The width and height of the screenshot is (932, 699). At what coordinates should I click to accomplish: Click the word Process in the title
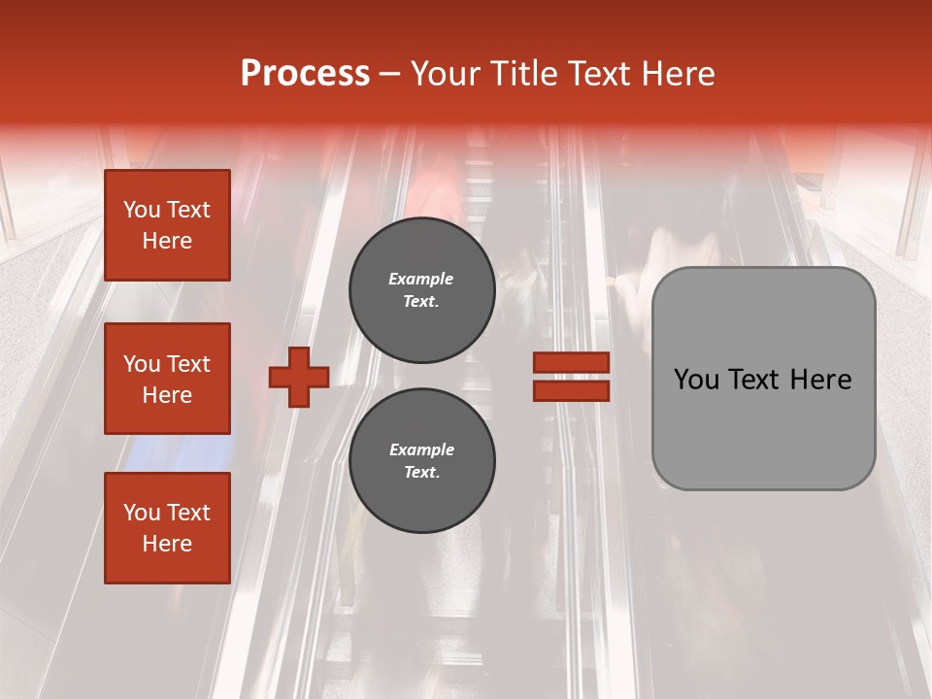[x=305, y=74]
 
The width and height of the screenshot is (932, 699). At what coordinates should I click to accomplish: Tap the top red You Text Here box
[x=167, y=225]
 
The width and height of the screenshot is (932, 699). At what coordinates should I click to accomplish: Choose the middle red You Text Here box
[x=167, y=379]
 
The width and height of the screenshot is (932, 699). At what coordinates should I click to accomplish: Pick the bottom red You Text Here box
[x=167, y=528]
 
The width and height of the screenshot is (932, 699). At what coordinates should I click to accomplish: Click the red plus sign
[x=299, y=377]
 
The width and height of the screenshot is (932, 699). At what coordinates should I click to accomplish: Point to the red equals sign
[x=571, y=377]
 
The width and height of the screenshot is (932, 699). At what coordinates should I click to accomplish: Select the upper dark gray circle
[x=421, y=290]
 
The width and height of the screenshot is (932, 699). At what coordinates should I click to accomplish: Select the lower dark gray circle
[x=421, y=461]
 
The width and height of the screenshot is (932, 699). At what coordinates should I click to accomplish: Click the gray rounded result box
[x=763, y=379]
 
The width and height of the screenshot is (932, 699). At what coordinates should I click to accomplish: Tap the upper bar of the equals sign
[x=571, y=363]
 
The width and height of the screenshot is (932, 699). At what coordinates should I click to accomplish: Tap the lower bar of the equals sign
[x=571, y=390]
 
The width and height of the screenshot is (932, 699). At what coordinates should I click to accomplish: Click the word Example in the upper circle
[x=421, y=279]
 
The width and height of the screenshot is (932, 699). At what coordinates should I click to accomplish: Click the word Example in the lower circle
[x=421, y=449]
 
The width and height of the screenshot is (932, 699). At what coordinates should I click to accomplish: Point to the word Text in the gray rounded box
[x=753, y=380]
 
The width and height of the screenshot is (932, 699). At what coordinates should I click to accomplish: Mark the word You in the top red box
[x=142, y=210]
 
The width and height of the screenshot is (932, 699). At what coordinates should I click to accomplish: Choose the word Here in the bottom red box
[x=167, y=544]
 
